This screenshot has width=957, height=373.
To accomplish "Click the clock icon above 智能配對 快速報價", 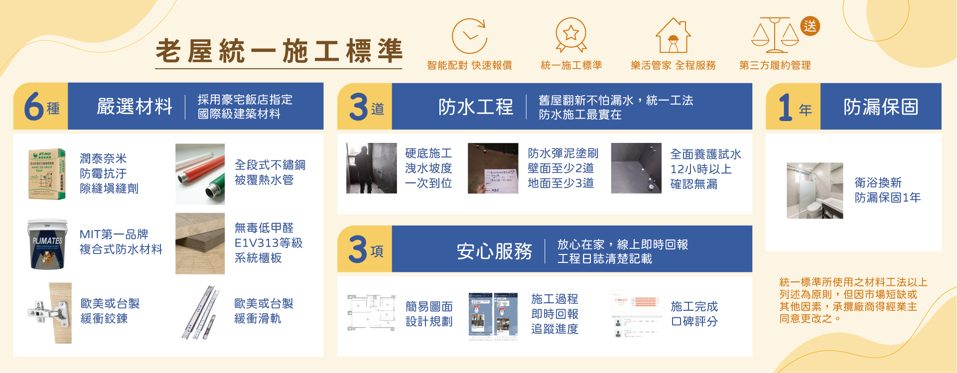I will (469, 36).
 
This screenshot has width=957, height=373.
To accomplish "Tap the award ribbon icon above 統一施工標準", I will (571, 35).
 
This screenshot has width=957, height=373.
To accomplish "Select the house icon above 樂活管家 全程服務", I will (673, 36).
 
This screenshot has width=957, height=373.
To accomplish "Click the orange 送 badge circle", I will (810, 26).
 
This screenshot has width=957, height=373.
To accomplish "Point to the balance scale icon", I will (775, 36).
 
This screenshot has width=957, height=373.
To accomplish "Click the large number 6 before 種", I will (34, 106).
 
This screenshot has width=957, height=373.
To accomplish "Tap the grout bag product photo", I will (47, 174).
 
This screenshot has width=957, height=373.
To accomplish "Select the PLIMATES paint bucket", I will (47, 244).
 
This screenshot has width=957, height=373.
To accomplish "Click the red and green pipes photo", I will (200, 174).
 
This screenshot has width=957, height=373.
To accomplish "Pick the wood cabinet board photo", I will (200, 244).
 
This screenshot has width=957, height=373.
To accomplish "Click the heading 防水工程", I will (475, 107).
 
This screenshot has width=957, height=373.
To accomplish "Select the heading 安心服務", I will (494, 251).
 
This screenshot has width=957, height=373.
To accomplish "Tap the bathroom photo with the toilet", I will (815, 191).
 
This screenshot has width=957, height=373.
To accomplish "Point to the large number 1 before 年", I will (785, 107).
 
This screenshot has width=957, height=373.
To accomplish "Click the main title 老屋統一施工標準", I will (278, 51).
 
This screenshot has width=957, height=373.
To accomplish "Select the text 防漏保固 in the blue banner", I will (880, 107).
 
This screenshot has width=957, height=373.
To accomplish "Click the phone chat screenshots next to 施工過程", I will (493, 316).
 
